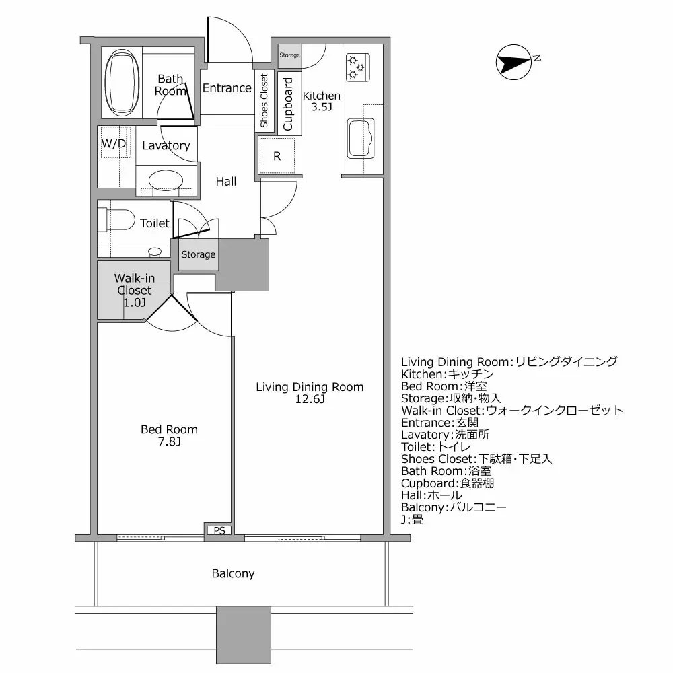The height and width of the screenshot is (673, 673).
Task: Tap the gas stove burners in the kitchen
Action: click(355, 66)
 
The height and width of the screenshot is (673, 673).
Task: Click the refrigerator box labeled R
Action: click(277, 156)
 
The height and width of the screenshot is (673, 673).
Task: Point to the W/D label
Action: click(113, 143)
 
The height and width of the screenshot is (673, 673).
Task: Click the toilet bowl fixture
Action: click(116, 220)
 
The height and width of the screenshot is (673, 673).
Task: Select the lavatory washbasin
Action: click(166, 180)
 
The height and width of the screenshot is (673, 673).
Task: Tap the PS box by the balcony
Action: click(219, 530)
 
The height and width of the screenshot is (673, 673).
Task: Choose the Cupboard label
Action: click(288, 104)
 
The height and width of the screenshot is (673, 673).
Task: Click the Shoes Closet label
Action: click(264, 101)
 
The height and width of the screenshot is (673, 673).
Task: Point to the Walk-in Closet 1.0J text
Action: click(133, 290)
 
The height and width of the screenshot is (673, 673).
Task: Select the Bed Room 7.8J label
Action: click(169, 435)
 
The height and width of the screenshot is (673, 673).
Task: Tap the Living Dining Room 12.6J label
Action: click(309, 393)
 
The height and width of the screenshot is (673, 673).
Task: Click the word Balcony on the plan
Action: click(233, 573)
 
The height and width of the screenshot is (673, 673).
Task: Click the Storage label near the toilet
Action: click(199, 254)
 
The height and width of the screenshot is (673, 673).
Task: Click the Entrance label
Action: click(227, 88)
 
